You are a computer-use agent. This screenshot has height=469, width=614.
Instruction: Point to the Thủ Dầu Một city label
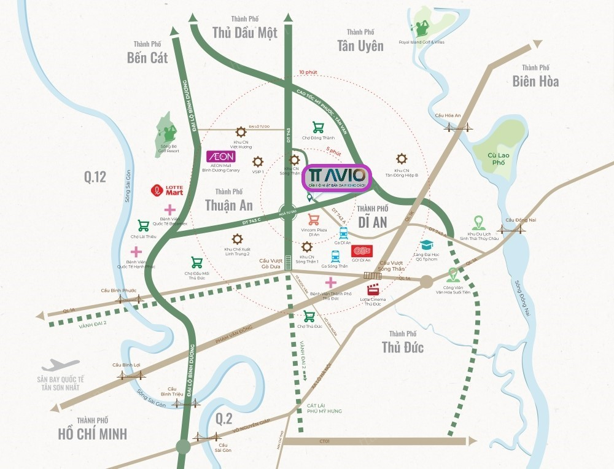[x=244, y=32]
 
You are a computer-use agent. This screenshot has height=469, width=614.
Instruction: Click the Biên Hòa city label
[x=535, y=80]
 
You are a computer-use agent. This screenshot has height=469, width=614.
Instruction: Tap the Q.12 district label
[x=95, y=177]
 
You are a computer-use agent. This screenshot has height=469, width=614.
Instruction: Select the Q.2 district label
[x=224, y=419]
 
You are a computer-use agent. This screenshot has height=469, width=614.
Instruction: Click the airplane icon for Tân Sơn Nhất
[x=60, y=366]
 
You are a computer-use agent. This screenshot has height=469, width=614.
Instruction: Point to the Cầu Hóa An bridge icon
[x=460, y=127]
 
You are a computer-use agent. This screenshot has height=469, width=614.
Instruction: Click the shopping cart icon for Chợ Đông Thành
[x=318, y=127]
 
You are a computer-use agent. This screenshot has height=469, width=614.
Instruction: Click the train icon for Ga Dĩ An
[x=343, y=233]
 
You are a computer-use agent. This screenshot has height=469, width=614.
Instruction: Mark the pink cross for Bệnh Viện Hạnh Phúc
[x=136, y=252]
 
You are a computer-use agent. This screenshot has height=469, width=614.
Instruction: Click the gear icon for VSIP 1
[x=258, y=161]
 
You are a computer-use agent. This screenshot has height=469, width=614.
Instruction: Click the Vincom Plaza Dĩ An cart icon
[x=314, y=219]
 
